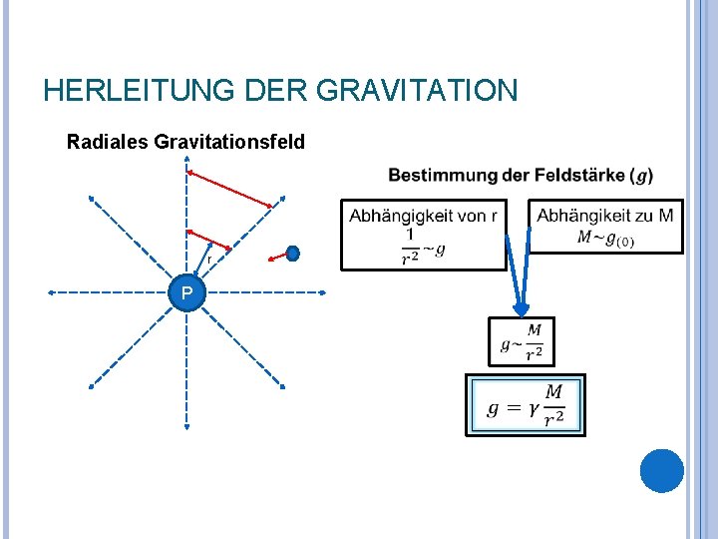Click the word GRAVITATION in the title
(417, 91)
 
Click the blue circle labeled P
(186, 292)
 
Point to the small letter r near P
(209, 260)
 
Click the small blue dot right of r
(293, 254)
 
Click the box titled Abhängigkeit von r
(423, 235)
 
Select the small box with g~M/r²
(522, 341)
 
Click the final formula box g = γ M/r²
(526, 404)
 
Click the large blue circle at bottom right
(661, 470)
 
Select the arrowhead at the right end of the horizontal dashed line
(323, 292)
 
